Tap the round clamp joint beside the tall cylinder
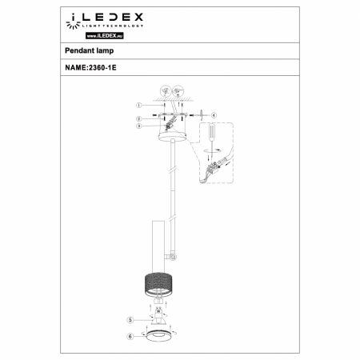[173, 257]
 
